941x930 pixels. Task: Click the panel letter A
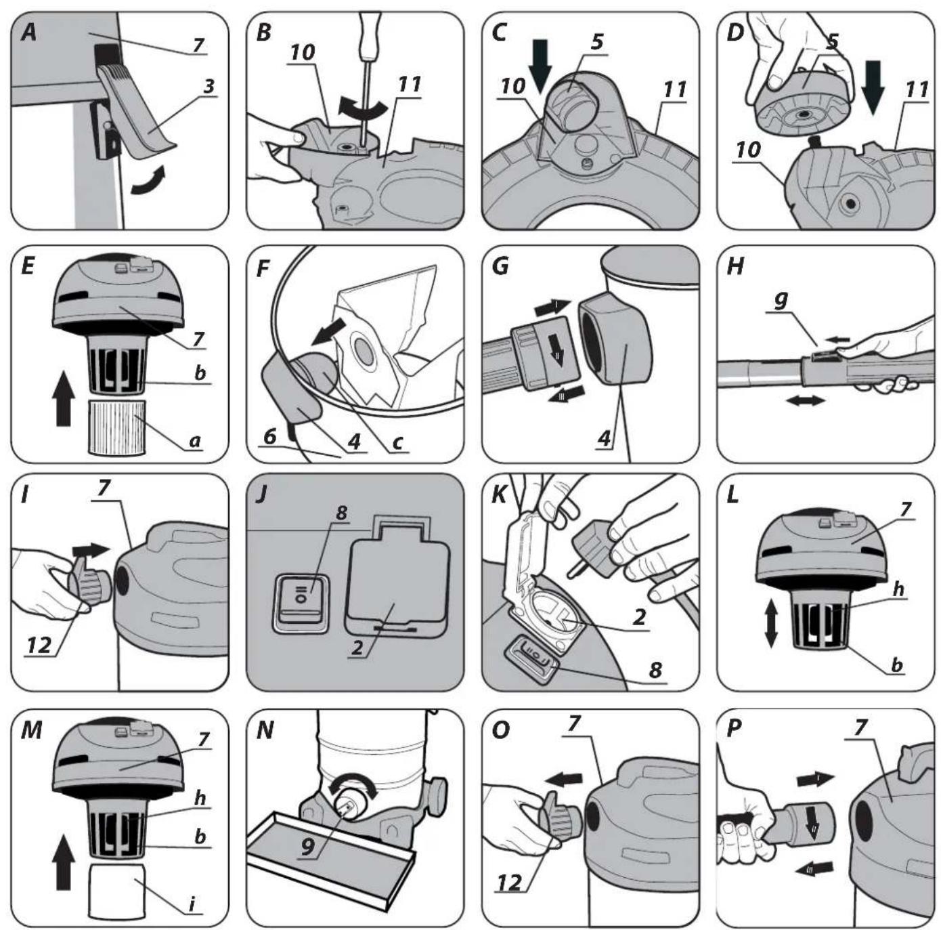tap(29, 33)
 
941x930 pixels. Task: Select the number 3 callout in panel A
tap(209, 87)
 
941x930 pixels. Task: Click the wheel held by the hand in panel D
tap(803, 100)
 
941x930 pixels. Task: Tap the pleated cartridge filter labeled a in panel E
tap(116, 426)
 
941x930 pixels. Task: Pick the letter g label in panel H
tap(781, 299)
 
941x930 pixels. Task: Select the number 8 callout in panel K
tap(655, 669)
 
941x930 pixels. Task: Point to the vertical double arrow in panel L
tap(770, 624)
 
